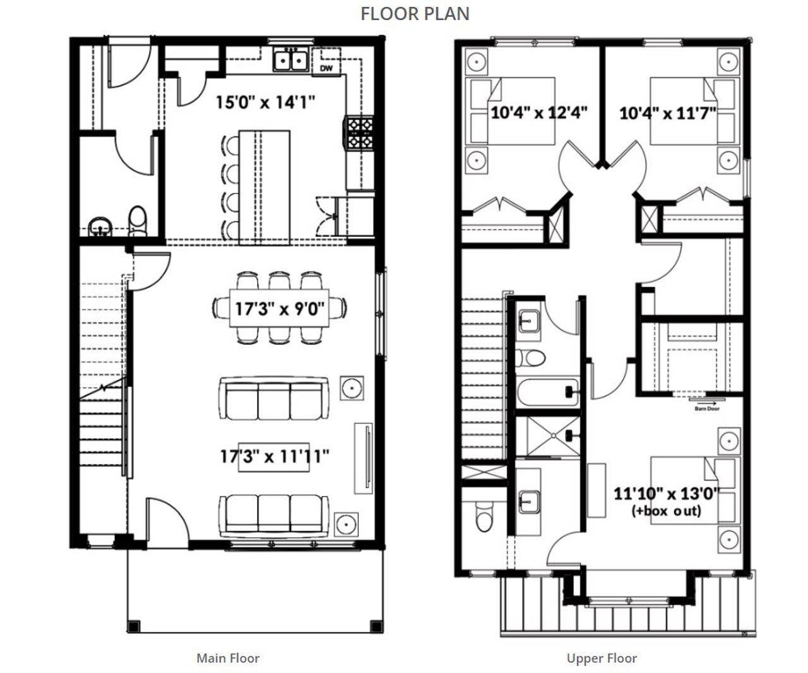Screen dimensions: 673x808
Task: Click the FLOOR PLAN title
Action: (x=415, y=13)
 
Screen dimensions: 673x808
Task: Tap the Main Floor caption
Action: (x=228, y=658)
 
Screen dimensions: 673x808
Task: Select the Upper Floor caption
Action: (x=602, y=658)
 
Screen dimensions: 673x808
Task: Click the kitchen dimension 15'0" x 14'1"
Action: (x=265, y=102)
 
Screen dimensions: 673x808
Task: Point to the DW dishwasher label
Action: (x=326, y=68)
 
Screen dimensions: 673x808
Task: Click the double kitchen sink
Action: (x=290, y=61)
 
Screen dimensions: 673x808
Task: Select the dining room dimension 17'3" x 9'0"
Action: (x=280, y=309)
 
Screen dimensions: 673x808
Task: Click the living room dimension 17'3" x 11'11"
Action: (x=275, y=456)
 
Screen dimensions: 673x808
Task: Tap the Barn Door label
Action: (x=706, y=408)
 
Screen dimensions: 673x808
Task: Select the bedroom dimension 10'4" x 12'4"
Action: (x=539, y=113)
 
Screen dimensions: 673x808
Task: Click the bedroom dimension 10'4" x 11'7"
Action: (x=667, y=113)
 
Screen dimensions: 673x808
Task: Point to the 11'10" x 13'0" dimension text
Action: (x=667, y=493)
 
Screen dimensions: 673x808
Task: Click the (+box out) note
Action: (x=666, y=511)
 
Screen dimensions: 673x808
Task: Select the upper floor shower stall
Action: (x=547, y=436)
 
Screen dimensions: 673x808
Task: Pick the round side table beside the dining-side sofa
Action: (x=351, y=387)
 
